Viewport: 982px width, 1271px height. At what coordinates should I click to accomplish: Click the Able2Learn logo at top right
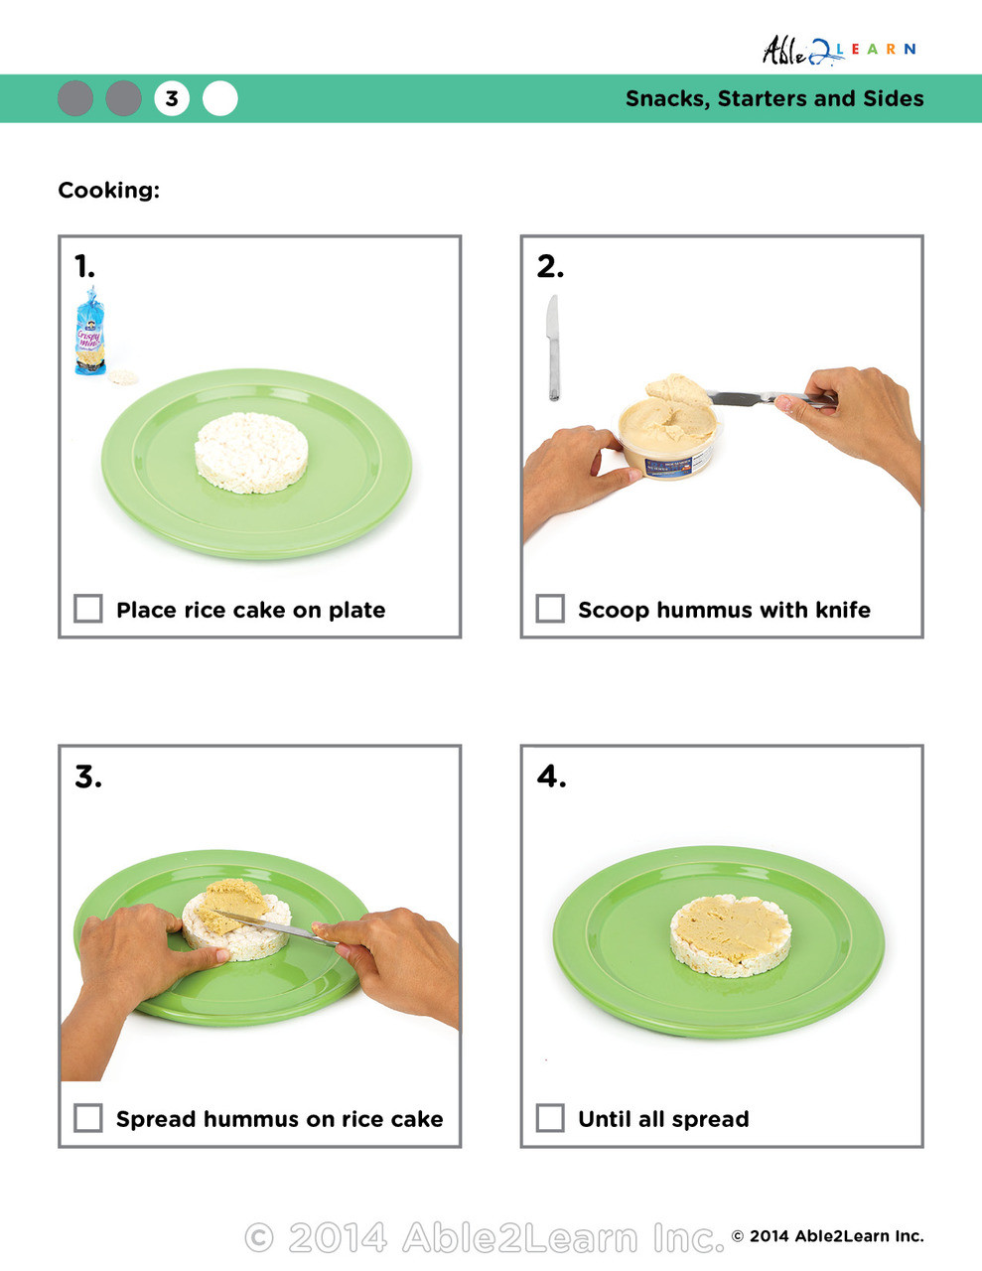[x=837, y=50]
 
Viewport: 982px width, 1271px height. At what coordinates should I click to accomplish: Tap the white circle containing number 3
[x=172, y=98]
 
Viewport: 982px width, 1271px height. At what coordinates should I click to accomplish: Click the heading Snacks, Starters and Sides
[x=773, y=98]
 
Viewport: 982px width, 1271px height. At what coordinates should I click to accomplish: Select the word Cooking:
[x=108, y=190]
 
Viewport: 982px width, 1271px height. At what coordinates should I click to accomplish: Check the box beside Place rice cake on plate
[x=88, y=609]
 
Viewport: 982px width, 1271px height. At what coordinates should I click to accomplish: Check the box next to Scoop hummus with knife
[x=550, y=609]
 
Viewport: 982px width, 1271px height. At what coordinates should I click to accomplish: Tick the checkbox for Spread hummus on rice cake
[x=88, y=1118]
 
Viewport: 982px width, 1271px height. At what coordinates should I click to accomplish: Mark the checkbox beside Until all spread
[x=550, y=1118]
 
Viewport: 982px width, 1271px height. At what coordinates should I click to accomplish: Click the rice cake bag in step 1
[x=90, y=332]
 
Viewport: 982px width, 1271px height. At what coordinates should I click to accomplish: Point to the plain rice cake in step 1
[x=251, y=452]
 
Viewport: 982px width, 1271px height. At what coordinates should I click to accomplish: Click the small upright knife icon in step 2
[x=553, y=348]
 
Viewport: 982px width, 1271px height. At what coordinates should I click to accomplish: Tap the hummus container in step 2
[x=667, y=437]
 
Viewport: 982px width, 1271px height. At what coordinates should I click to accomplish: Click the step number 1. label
[x=85, y=266]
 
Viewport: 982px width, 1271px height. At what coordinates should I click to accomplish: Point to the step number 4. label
[x=551, y=776]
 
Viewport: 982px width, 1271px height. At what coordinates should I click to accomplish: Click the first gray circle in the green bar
[x=75, y=98]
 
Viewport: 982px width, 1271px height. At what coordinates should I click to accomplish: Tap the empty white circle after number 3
[x=220, y=98]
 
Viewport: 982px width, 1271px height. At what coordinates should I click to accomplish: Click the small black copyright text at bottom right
[x=827, y=1236]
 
